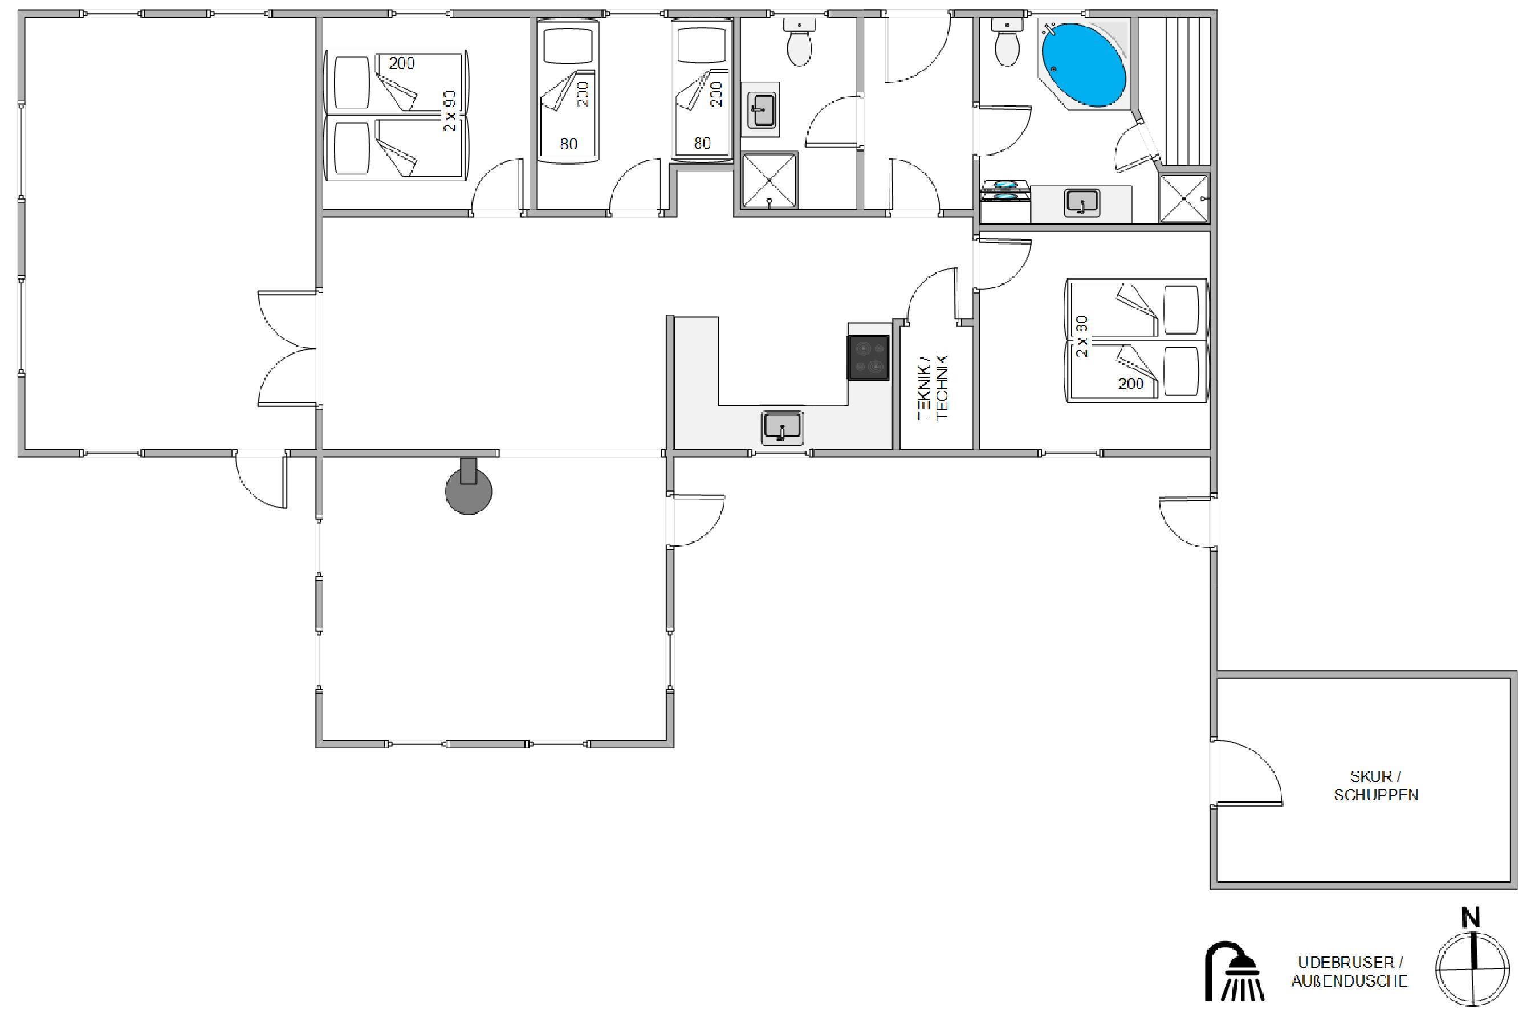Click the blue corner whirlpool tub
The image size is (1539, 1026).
(x=1084, y=65)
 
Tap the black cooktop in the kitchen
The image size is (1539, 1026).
(x=868, y=357)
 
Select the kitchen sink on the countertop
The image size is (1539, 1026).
(x=782, y=429)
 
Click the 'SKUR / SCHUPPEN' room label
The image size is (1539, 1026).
(x=1376, y=785)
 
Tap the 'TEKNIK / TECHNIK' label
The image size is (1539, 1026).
(x=933, y=388)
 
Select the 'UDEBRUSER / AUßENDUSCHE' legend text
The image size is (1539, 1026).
(x=1350, y=972)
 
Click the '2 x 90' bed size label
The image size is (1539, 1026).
(x=450, y=111)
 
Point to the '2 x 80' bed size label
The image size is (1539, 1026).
(x=1082, y=336)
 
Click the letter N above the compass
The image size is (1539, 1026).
(x=1471, y=918)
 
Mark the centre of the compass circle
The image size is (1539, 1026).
(x=1472, y=969)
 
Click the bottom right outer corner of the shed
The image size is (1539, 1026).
(x=1517, y=889)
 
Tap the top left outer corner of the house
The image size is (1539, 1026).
(x=18, y=10)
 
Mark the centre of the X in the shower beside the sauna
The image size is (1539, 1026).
(x=1184, y=198)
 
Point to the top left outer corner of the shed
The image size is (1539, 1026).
(x=1211, y=671)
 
